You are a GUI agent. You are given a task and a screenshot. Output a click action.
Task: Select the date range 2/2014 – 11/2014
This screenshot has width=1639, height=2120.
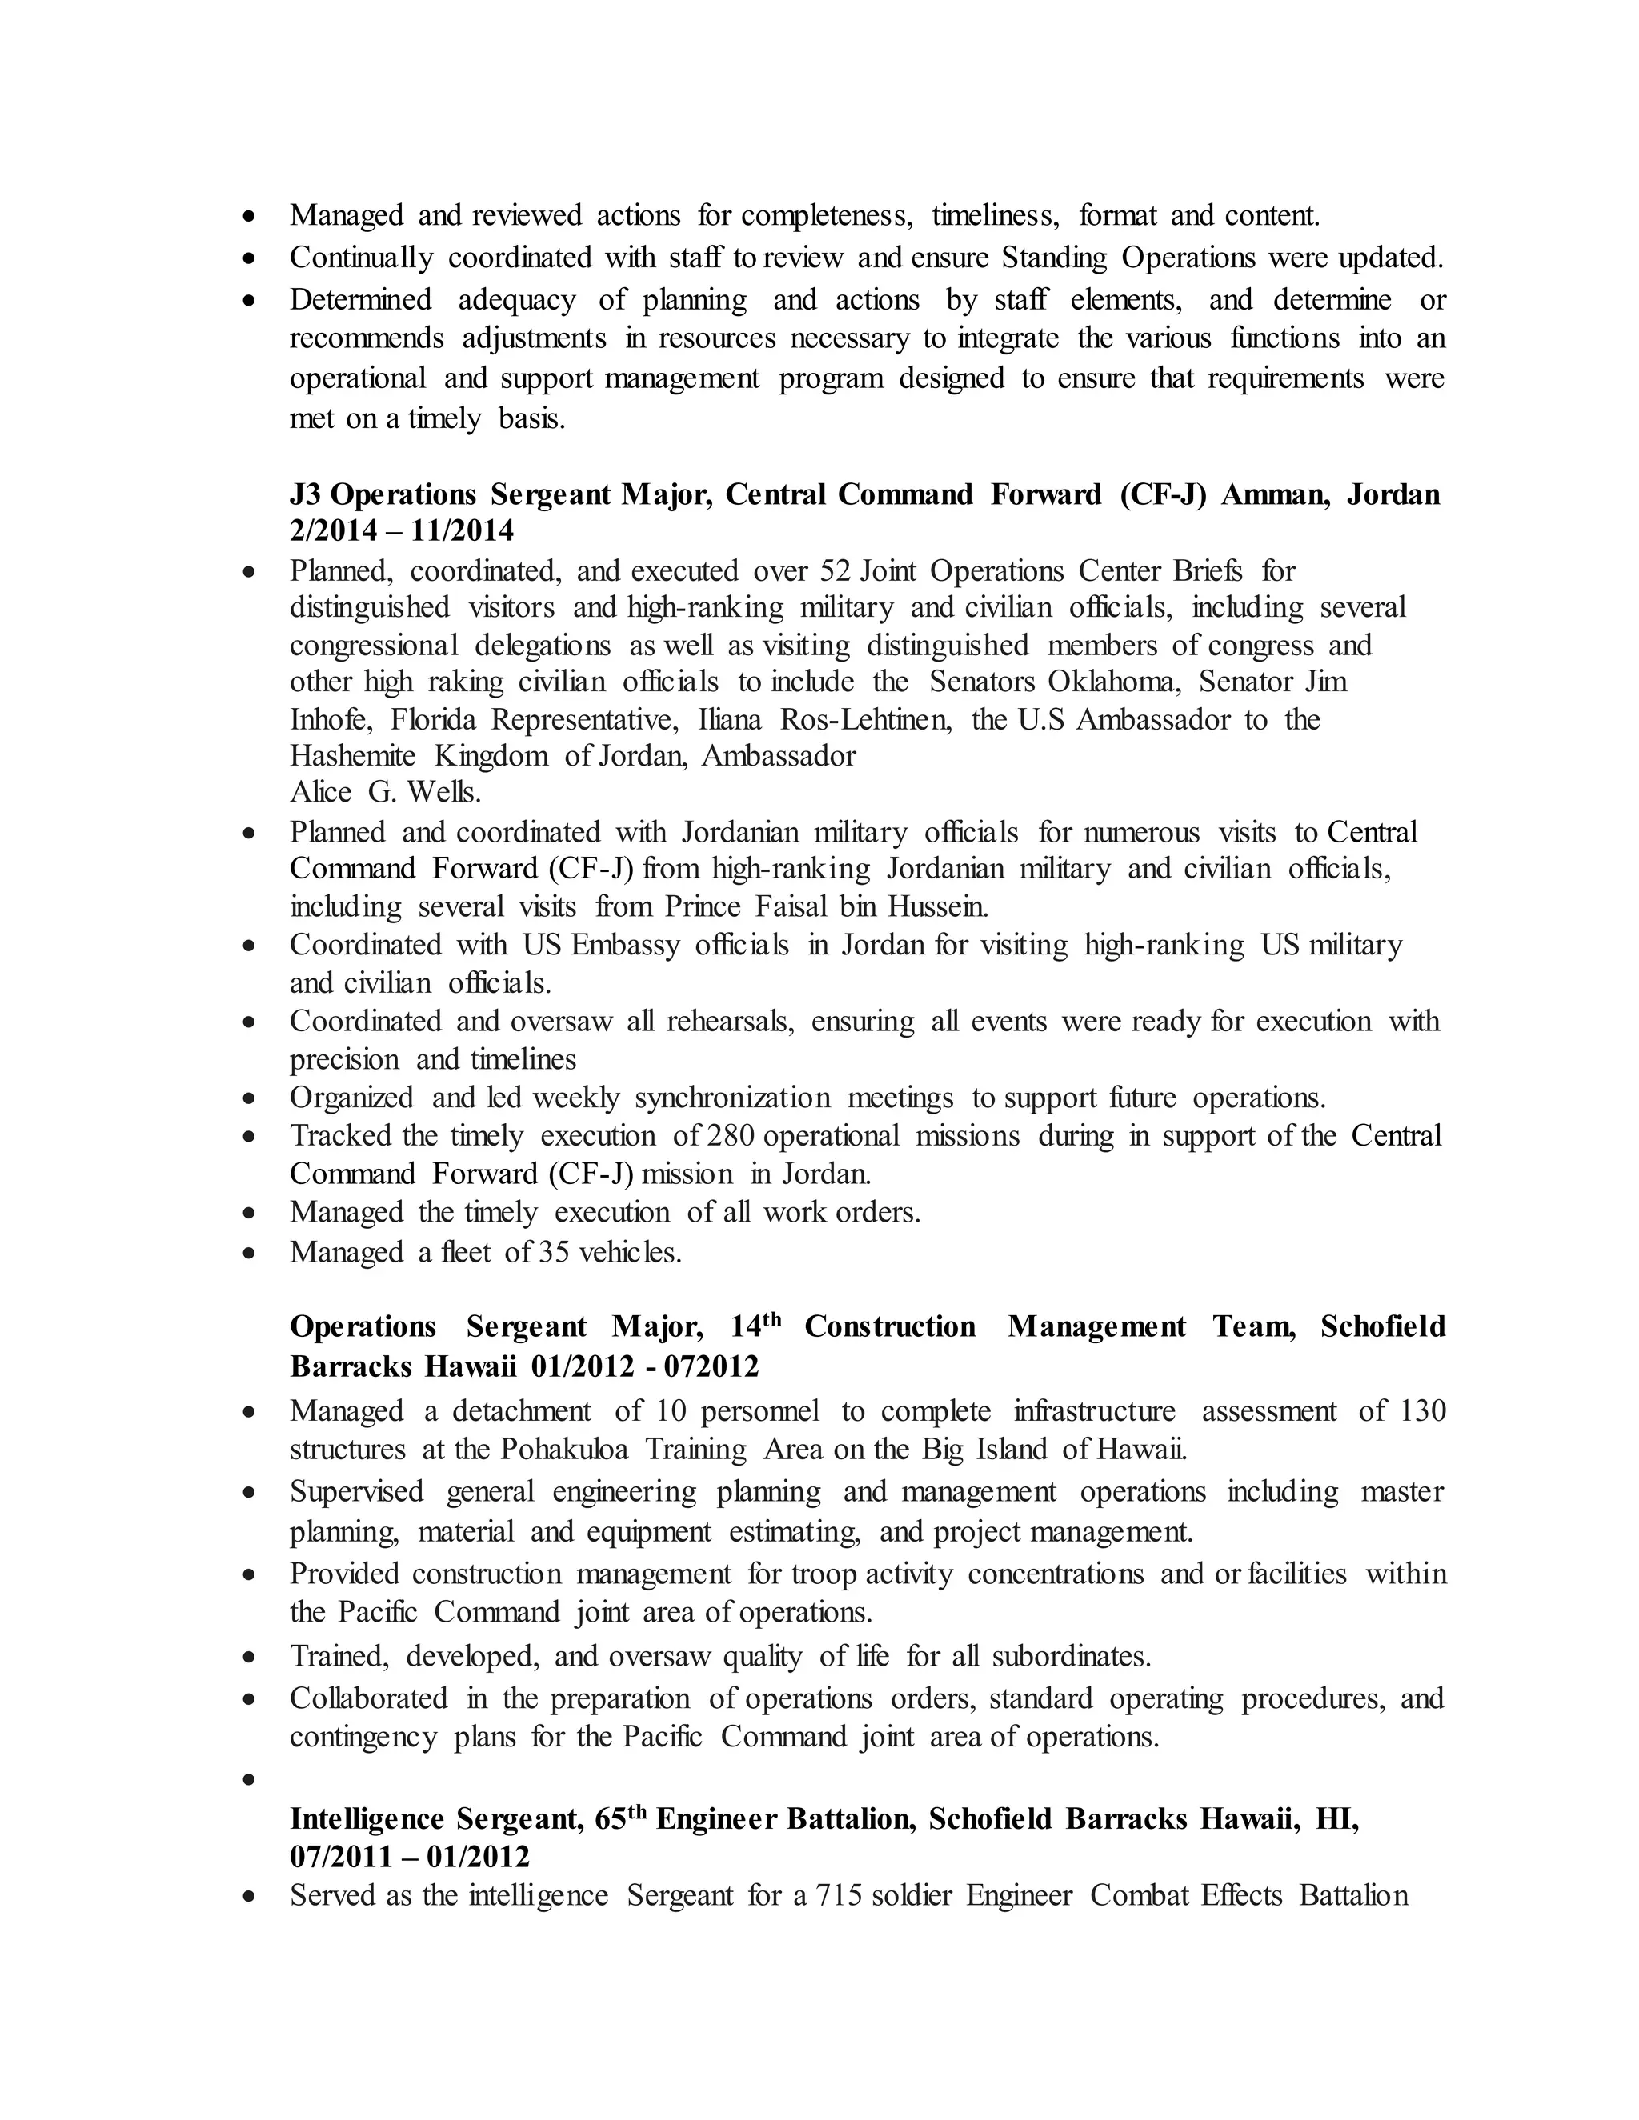click(x=401, y=531)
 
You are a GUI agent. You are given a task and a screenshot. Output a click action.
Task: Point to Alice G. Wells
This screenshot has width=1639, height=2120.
click(x=386, y=792)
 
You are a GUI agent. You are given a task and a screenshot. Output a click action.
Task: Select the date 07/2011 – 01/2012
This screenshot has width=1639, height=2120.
click(x=410, y=1857)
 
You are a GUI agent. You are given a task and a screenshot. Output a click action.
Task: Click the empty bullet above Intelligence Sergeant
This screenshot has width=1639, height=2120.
click(x=250, y=1780)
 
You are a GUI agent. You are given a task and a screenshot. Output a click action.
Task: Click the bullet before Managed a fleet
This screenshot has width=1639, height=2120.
click(x=250, y=1253)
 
